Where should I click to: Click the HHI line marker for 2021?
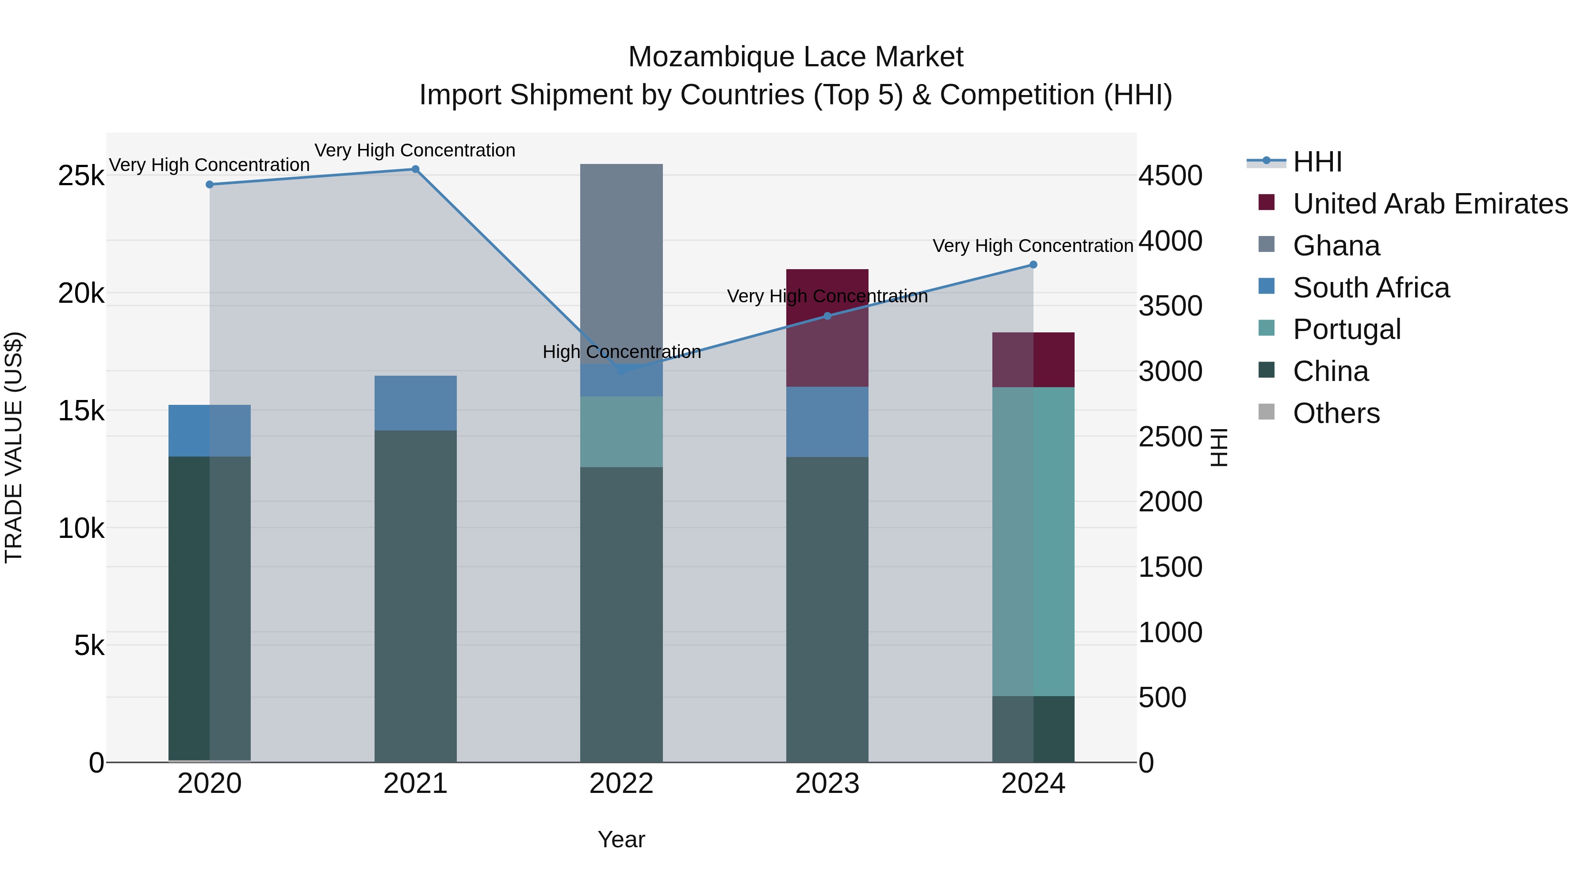pyautogui.click(x=415, y=169)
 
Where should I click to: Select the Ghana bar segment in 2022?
pyautogui.click(x=621, y=263)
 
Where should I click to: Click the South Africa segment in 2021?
pyautogui.click(x=415, y=403)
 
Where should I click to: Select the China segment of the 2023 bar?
pyautogui.click(x=827, y=609)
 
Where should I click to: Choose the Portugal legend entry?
pyautogui.click(x=1346, y=329)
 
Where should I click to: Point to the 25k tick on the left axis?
pyautogui.click(x=81, y=176)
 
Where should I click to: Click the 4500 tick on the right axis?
pyautogui.click(x=1170, y=176)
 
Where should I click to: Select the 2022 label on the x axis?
pyautogui.click(x=621, y=784)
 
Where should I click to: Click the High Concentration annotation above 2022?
pyautogui.click(x=621, y=352)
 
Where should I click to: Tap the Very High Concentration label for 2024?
pyautogui.click(x=1032, y=246)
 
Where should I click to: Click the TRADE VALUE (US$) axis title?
pyautogui.click(x=14, y=447)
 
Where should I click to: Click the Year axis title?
pyautogui.click(x=621, y=839)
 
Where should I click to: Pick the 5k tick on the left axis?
pyautogui.click(x=89, y=646)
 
